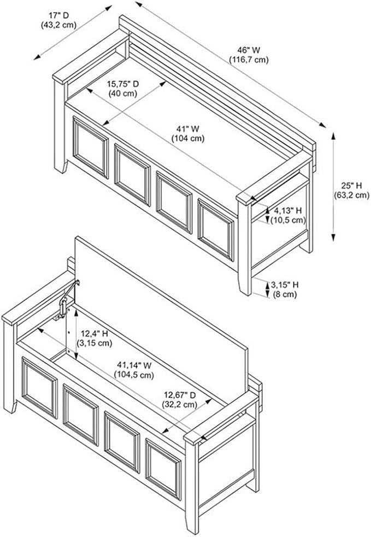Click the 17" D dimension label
click(x=59, y=15)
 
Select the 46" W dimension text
click(x=249, y=50)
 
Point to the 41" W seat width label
click(x=188, y=129)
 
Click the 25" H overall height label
click(x=351, y=186)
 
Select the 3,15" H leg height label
click(x=285, y=285)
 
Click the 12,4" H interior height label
click(x=95, y=333)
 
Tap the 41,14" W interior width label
click(x=134, y=365)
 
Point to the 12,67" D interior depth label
click(x=179, y=395)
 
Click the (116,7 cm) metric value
click(x=249, y=60)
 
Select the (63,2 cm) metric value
click(x=352, y=196)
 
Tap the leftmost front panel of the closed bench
click(x=91, y=147)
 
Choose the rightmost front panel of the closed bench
click(x=215, y=230)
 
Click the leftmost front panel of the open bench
click(x=40, y=388)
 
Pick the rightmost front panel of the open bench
click(x=163, y=469)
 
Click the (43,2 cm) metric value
click(x=58, y=25)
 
